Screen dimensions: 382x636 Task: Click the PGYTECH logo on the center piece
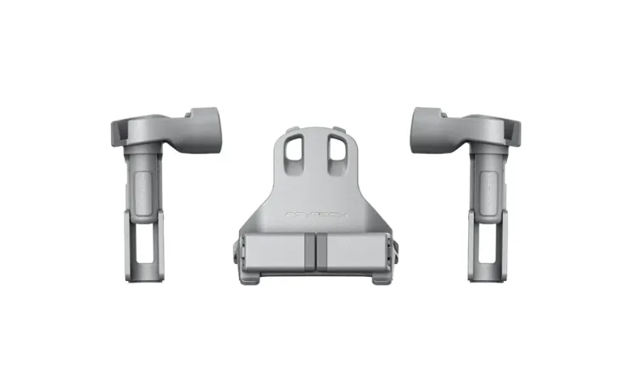(x=316, y=217)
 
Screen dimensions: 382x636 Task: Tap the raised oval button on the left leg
(x=142, y=187)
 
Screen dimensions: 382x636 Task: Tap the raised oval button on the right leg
(x=489, y=187)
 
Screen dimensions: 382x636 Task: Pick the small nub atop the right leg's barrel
(x=431, y=110)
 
